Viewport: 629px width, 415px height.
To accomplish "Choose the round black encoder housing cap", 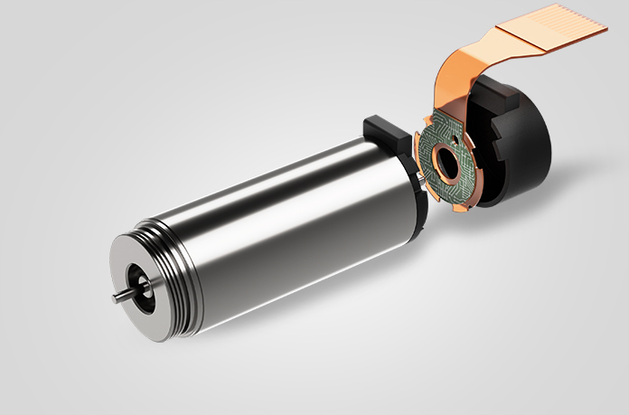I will point(529,154).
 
